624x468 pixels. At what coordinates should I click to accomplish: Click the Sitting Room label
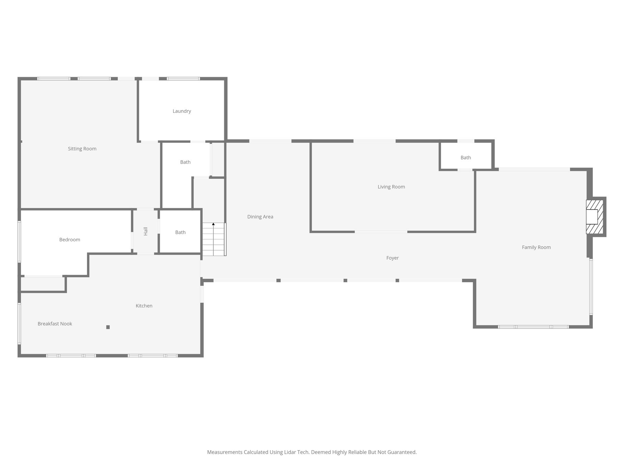(x=82, y=149)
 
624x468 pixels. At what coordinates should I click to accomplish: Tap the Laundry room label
(x=182, y=111)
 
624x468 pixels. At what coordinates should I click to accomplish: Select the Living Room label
(x=391, y=187)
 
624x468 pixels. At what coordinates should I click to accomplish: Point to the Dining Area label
(x=260, y=217)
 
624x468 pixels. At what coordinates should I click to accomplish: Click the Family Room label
(x=536, y=247)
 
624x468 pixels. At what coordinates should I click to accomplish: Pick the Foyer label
(x=393, y=258)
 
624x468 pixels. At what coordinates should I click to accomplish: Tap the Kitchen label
(x=144, y=306)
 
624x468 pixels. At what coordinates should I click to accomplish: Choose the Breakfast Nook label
(x=55, y=324)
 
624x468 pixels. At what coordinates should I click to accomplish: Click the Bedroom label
(x=70, y=240)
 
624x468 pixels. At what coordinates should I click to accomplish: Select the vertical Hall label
(x=146, y=231)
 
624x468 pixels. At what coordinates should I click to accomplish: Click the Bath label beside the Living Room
(x=466, y=158)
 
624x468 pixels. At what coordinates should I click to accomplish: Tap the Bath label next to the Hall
(x=180, y=232)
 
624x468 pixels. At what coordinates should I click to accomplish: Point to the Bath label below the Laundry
(x=185, y=162)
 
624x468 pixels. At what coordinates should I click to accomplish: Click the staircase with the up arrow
(x=214, y=239)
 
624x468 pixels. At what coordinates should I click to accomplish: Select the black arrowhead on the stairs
(x=213, y=224)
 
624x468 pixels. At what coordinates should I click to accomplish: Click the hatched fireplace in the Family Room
(x=594, y=217)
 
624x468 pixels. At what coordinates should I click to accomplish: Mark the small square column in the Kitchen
(x=108, y=327)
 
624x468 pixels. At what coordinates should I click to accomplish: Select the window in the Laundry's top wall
(x=183, y=79)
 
